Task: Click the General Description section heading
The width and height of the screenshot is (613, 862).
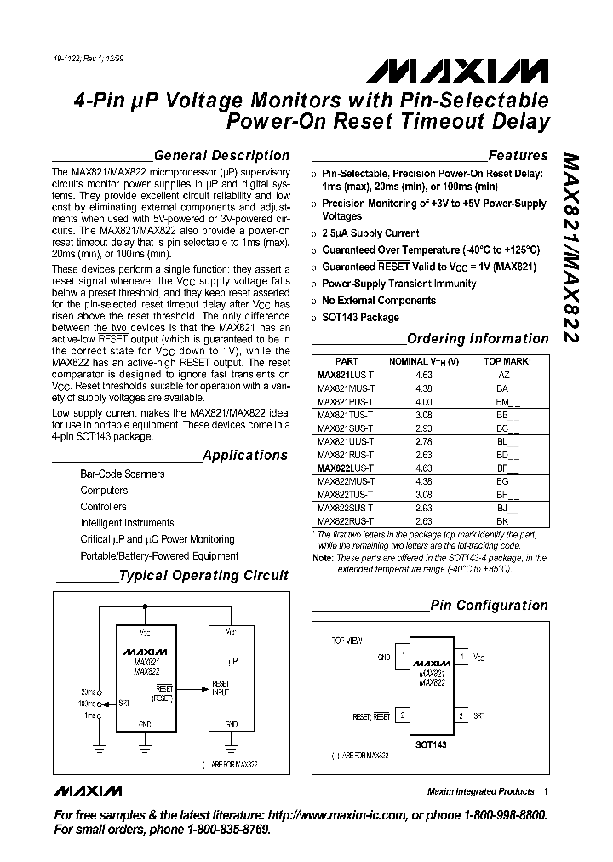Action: (222, 156)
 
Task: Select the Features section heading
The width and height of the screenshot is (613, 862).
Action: (518, 156)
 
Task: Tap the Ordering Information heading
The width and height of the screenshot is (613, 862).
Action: (478, 339)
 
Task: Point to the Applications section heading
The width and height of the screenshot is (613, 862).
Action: (245, 456)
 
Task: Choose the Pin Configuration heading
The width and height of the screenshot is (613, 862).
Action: (489, 606)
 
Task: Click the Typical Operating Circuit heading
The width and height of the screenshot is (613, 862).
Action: (203, 576)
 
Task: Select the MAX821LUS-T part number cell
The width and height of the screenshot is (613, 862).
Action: (340, 374)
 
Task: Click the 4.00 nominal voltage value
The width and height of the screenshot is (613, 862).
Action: (424, 401)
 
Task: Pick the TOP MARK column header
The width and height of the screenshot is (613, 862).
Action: (507, 361)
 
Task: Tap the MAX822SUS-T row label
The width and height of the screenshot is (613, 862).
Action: (340, 508)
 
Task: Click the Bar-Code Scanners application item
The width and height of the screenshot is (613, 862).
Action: (123, 474)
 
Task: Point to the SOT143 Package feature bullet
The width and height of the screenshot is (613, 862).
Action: (360, 318)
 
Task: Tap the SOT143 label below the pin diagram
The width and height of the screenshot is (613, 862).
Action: (432, 744)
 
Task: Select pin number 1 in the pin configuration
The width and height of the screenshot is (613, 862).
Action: (402, 657)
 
